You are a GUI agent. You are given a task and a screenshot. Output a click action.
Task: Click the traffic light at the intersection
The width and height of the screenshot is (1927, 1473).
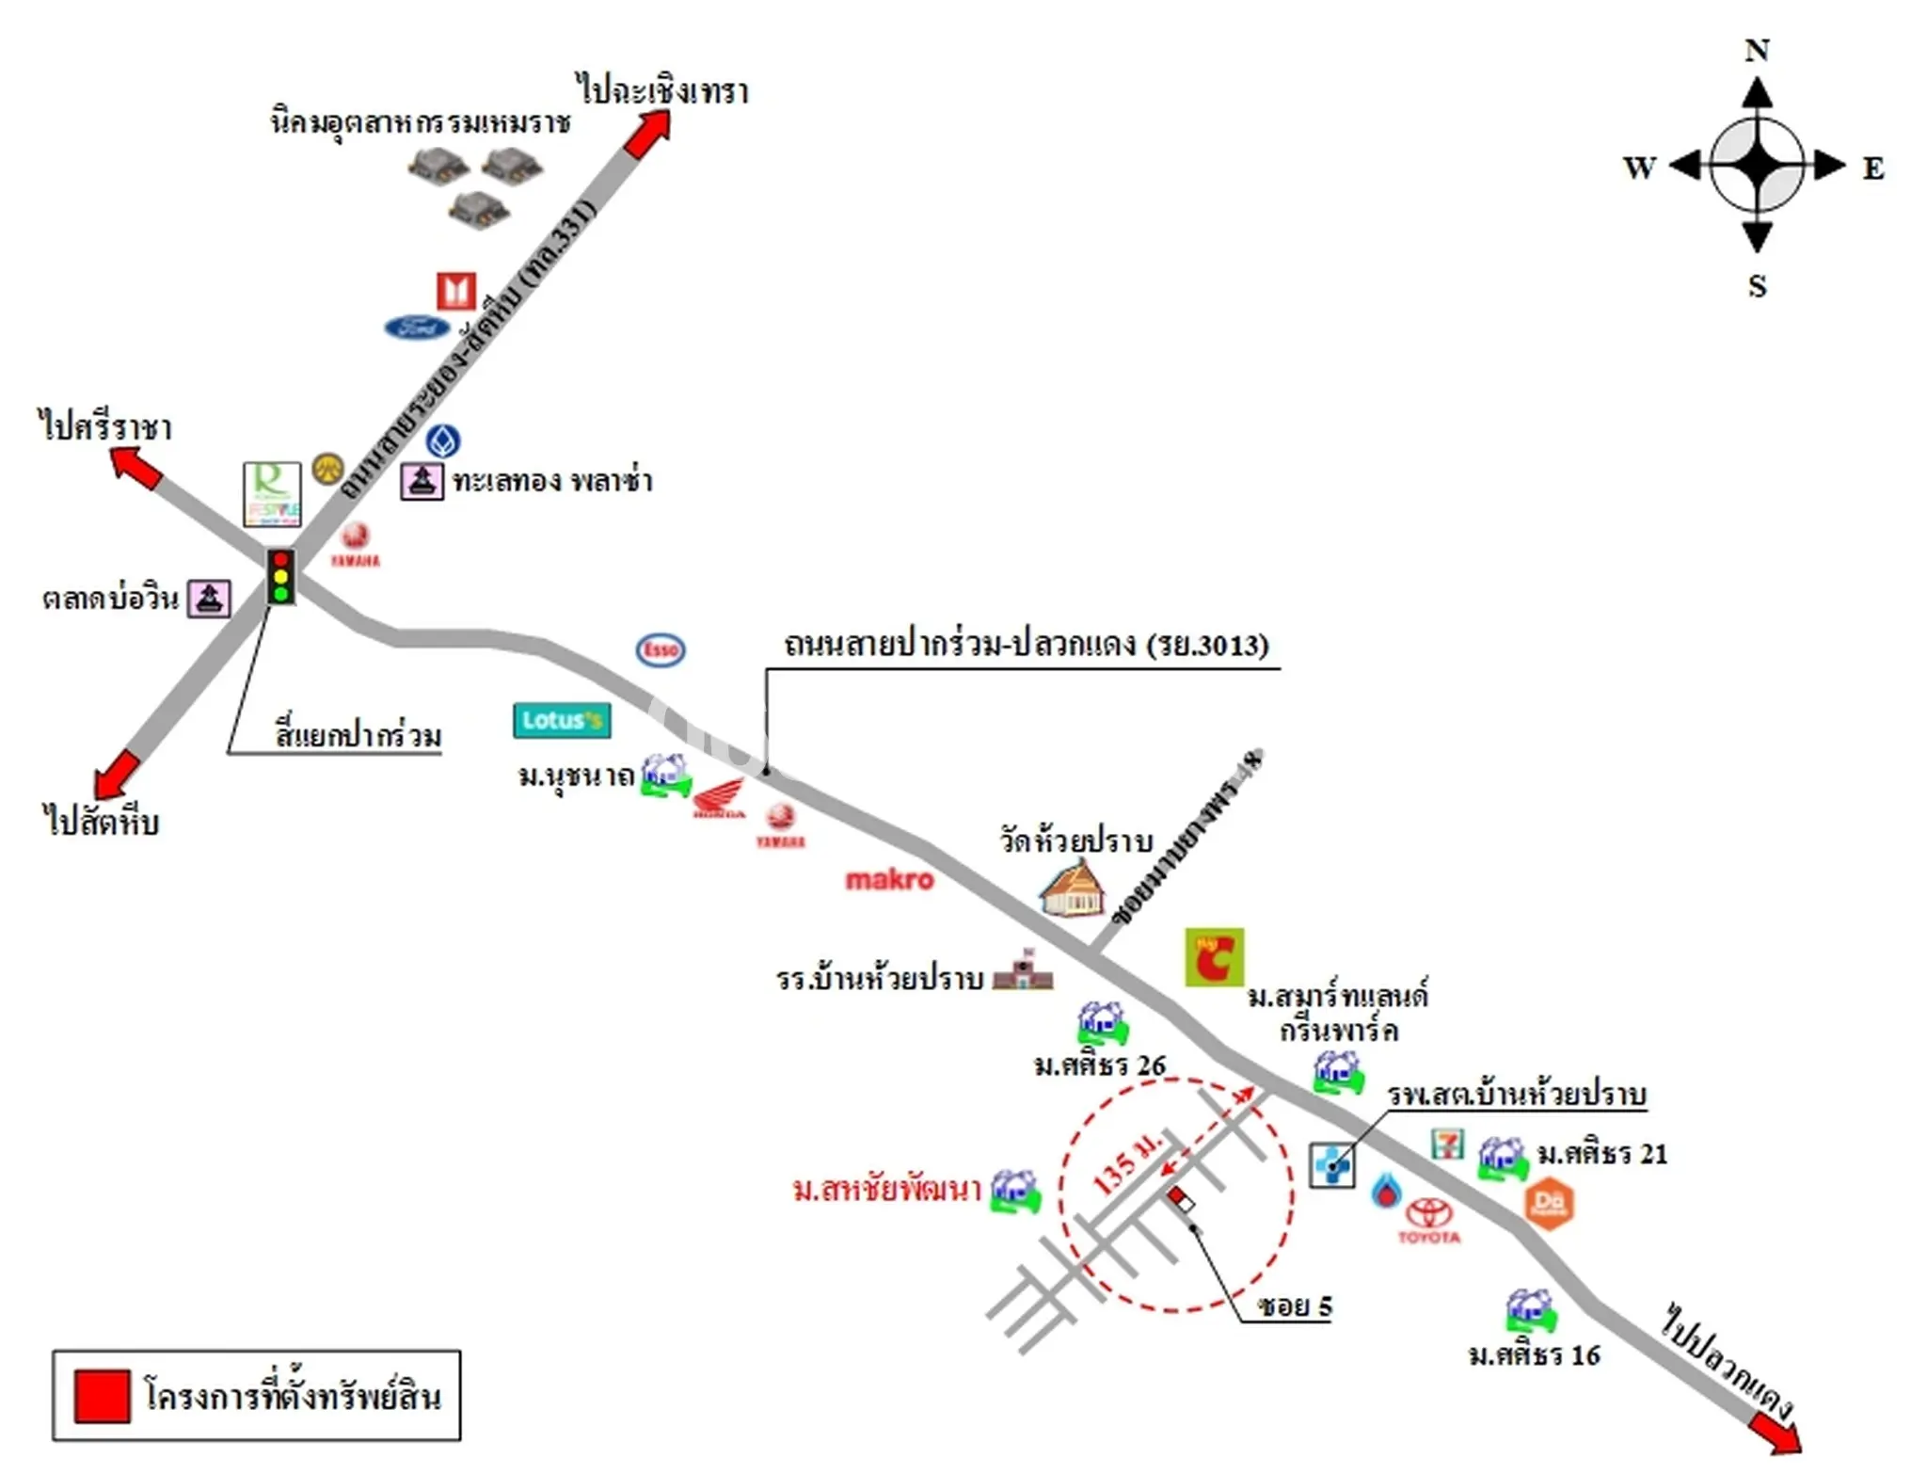point(280,576)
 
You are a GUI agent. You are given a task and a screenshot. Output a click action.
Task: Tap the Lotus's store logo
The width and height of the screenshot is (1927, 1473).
point(562,721)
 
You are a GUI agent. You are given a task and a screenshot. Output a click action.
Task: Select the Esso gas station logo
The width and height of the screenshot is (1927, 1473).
point(661,649)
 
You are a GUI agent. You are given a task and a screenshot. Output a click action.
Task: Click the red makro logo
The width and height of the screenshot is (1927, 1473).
point(889,880)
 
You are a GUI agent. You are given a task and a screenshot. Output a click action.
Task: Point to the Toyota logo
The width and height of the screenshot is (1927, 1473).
point(1429,1220)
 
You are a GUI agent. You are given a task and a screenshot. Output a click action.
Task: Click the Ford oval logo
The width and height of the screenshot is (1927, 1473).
point(417,328)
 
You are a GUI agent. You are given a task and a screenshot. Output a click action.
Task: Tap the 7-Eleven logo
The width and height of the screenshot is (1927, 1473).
point(1447,1144)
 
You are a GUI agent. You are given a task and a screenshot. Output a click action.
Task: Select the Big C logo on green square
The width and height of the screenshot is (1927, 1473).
point(1214,957)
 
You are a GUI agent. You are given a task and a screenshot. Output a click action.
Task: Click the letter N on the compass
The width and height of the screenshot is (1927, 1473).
point(1757,50)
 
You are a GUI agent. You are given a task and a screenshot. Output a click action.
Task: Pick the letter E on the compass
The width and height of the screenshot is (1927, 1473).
point(1872,168)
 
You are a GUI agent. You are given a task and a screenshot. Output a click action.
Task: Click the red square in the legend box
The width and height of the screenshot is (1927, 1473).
point(102,1396)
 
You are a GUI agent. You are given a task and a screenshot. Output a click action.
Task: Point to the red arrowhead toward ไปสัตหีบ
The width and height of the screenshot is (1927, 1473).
point(116,775)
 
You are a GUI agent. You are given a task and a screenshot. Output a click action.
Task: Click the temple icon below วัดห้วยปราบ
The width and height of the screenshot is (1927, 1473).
point(1073,889)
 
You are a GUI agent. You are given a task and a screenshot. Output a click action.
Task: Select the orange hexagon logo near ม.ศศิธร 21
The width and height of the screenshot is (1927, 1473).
point(1548,1203)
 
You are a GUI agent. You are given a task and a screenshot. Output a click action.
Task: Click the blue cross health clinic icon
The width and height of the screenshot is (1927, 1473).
point(1332,1165)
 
